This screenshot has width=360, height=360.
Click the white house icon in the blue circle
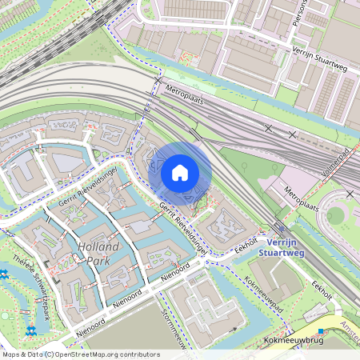pos(180,173)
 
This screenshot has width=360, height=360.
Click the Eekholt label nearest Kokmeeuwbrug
pos(322,290)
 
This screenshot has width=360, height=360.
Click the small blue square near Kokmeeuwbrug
pos(320,331)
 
